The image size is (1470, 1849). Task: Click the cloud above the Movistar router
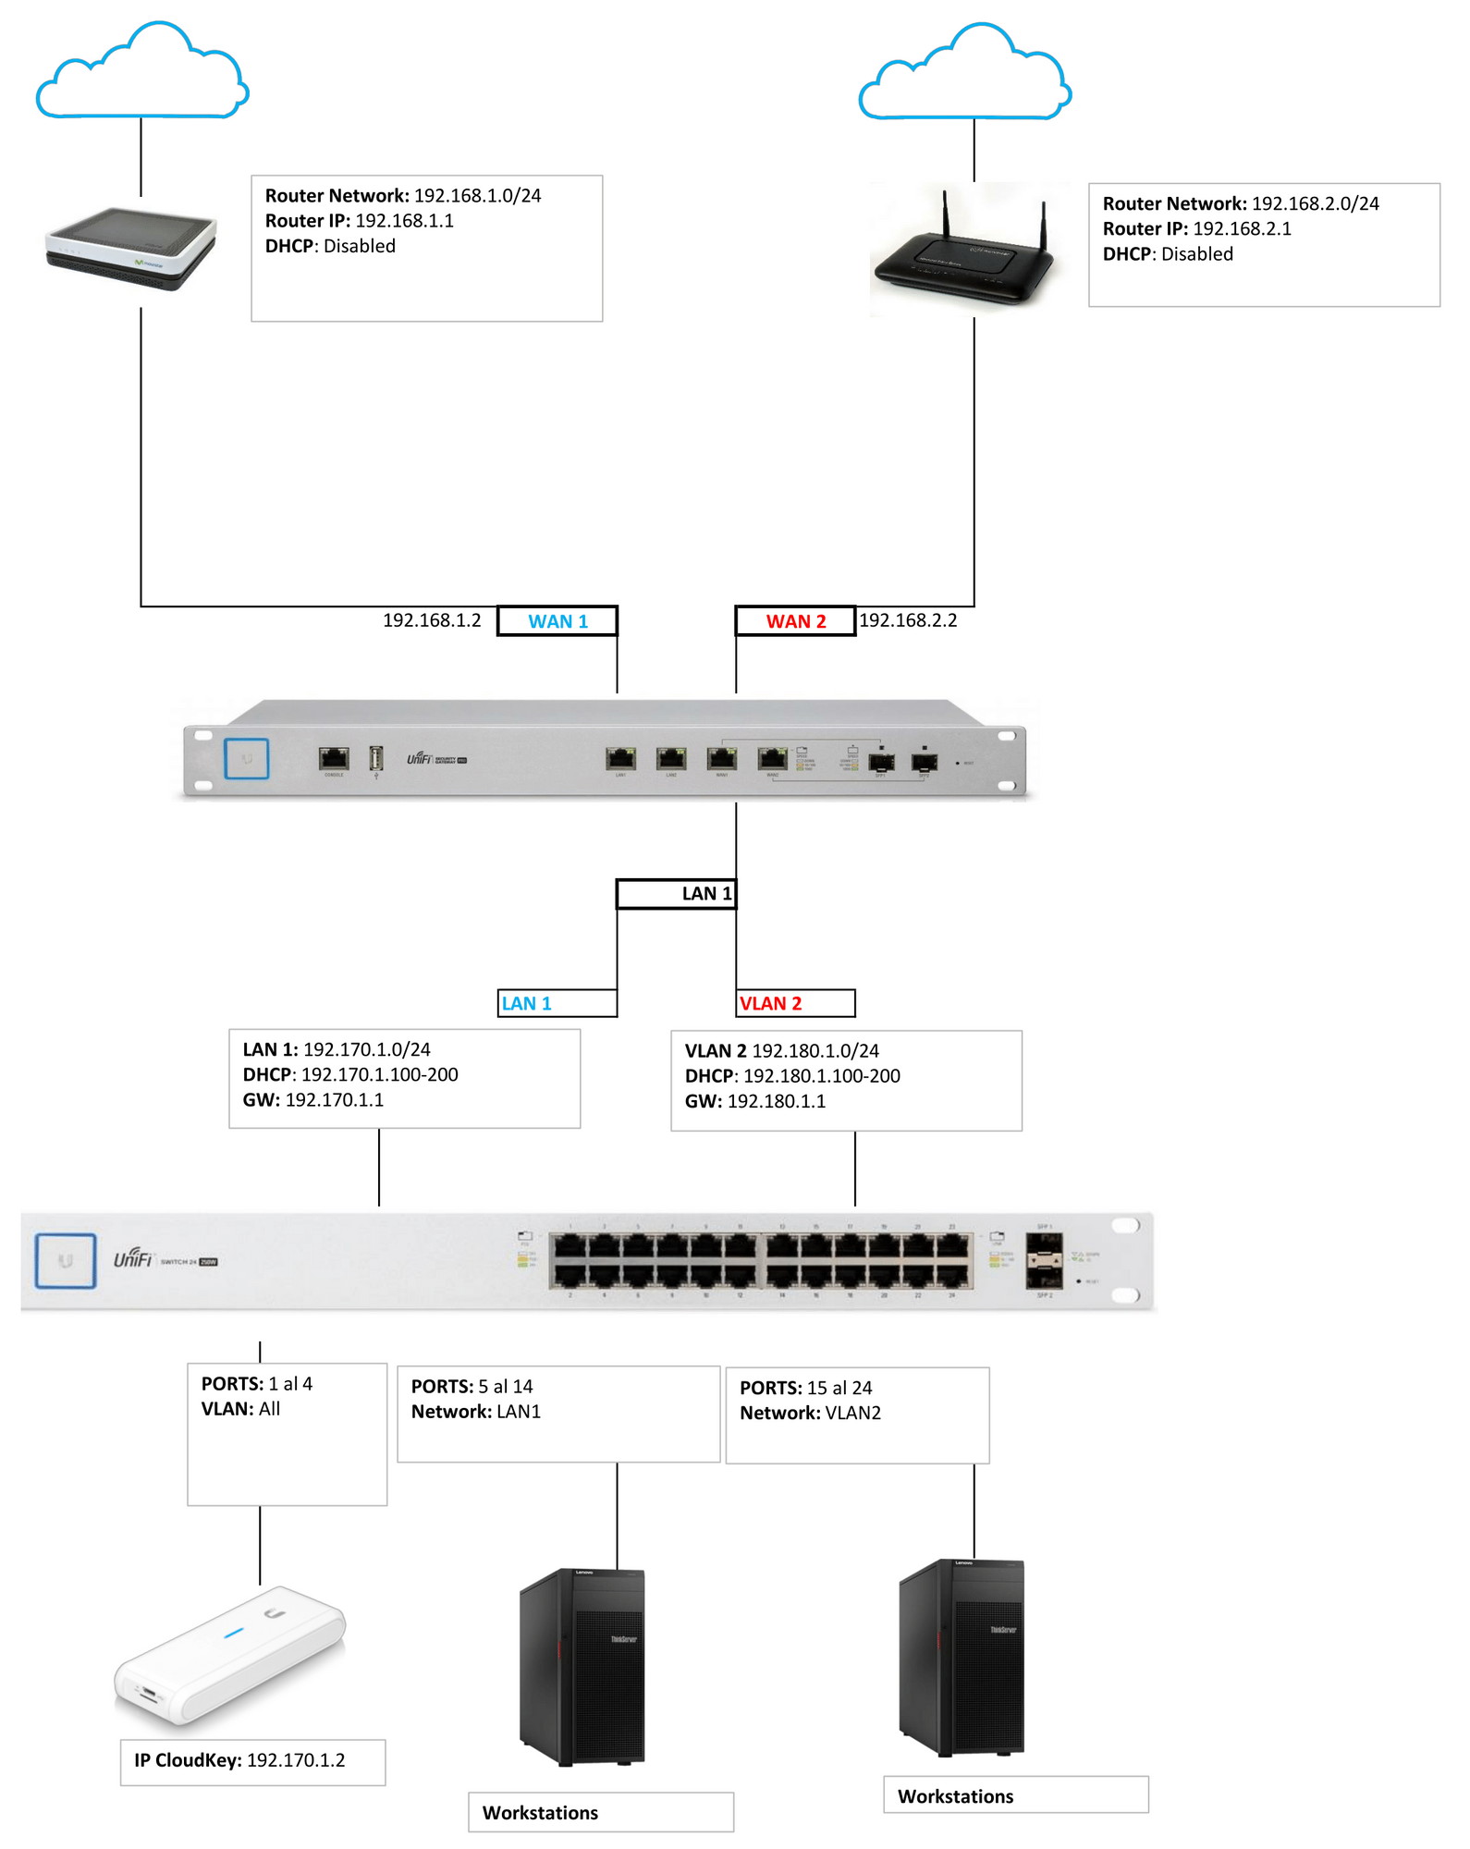(x=142, y=74)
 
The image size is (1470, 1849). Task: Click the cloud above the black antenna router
(x=964, y=76)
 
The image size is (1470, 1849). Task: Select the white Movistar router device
(x=132, y=248)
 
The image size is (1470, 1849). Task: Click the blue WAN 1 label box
(x=557, y=621)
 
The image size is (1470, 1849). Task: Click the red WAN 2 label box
(x=795, y=621)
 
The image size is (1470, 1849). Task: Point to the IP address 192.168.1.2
(x=432, y=620)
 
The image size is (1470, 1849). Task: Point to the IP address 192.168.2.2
(x=908, y=620)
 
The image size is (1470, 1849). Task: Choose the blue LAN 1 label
(x=527, y=1004)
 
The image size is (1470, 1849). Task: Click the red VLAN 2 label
(x=771, y=1004)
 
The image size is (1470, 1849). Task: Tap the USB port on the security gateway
(x=376, y=759)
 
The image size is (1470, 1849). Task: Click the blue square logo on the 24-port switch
(x=66, y=1260)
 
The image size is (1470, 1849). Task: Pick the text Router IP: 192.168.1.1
(x=360, y=221)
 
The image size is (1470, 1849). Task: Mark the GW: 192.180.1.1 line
(x=755, y=1101)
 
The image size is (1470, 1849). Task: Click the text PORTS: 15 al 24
(x=805, y=1388)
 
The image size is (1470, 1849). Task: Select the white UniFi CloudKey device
(x=230, y=1655)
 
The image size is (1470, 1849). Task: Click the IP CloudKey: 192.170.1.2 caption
(x=239, y=1760)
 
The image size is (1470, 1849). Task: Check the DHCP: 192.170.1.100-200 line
(x=350, y=1074)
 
